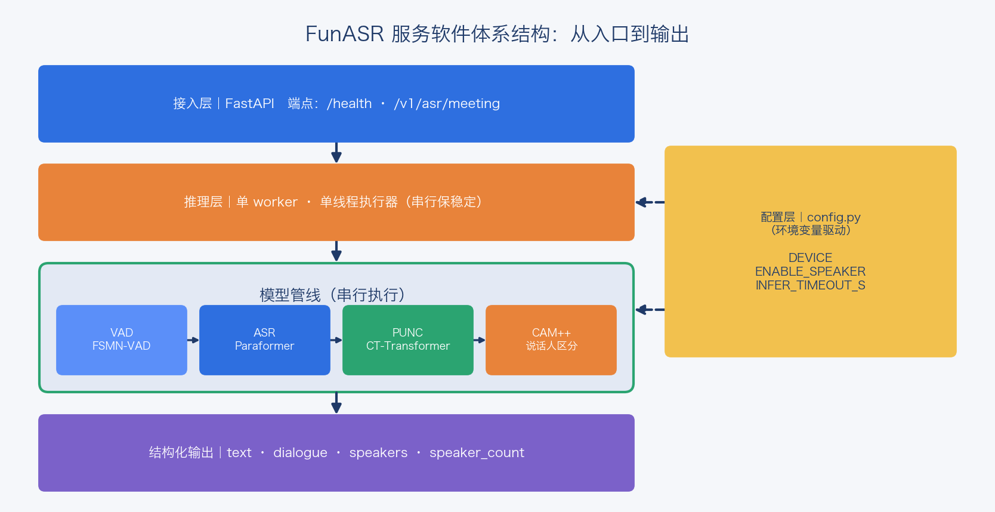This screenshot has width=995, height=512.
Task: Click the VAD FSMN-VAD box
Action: pos(121,340)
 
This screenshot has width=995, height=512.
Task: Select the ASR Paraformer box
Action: pos(265,340)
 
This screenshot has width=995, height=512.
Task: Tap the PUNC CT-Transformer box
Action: pos(408,340)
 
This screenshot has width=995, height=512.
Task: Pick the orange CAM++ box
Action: pos(551,340)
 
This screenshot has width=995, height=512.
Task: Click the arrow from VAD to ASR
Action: pos(193,340)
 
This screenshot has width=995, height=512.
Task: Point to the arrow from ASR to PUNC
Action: pos(336,340)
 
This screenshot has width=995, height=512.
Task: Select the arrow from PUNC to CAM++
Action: pos(479,340)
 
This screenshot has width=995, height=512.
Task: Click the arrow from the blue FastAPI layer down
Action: pos(336,153)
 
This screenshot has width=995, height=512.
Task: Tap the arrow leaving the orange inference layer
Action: pos(336,252)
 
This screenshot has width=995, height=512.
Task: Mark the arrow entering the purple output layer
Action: pos(336,403)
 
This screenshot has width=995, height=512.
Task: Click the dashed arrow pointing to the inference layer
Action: pos(650,202)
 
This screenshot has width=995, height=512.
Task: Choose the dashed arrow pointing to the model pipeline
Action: pos(650,309)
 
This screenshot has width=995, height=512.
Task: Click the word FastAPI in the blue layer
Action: pos(249,104)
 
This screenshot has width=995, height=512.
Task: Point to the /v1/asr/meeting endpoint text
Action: pos(447,104)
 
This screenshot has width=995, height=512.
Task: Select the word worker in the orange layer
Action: pos(276,202)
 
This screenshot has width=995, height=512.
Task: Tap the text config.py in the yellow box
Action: pos(834,217)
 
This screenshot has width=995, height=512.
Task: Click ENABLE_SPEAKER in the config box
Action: pos(810,271)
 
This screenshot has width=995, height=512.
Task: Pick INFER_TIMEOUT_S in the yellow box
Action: pos(810,285)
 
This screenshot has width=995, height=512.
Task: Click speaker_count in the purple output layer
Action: pos(477,453)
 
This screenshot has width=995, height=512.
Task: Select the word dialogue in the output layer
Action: pos(300,453)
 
